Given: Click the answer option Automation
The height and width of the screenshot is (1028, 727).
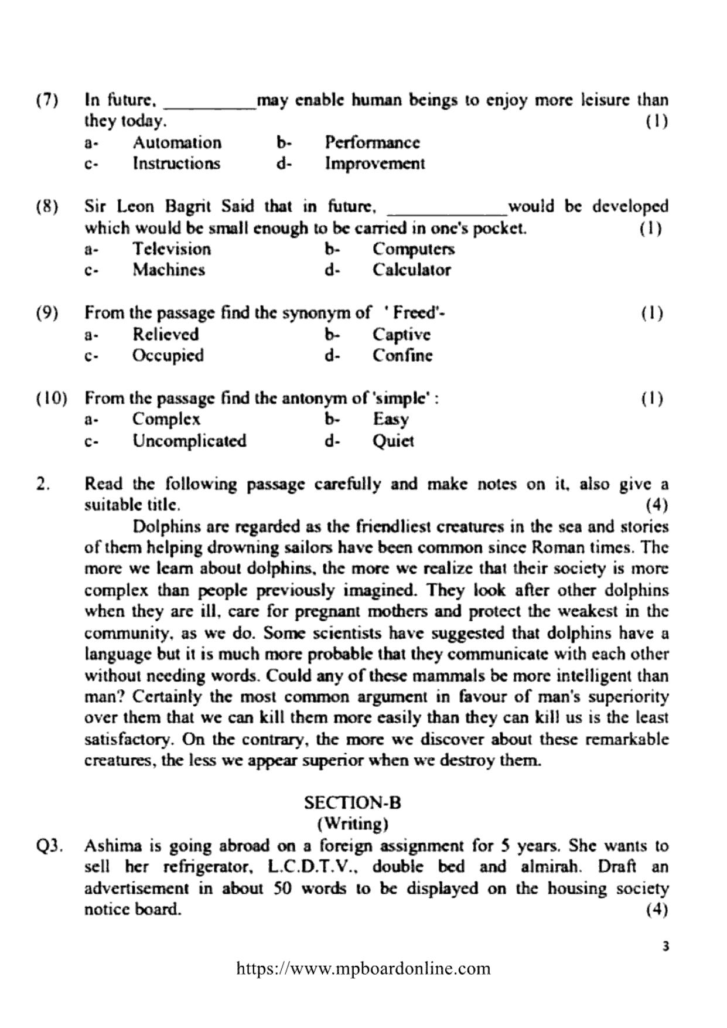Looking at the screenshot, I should [177, 142].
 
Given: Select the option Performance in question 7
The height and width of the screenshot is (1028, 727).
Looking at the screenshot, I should [373, 142].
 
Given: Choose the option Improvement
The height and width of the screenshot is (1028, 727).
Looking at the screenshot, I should [375, 164].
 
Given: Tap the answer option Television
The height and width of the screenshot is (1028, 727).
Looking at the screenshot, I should [172, 249].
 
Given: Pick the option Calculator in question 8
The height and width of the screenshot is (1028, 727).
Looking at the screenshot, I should [412, 270].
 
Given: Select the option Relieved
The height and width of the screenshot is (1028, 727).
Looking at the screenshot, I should [166, 335].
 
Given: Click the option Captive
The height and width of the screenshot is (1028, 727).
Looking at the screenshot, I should [402, 335].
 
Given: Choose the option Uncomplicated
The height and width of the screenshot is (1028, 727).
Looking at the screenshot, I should [189, 441].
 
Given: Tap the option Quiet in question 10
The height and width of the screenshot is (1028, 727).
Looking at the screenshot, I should [393, 441].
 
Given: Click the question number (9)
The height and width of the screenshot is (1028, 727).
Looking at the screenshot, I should [47, 313].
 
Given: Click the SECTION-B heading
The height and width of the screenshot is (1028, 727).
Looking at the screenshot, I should [353, 802].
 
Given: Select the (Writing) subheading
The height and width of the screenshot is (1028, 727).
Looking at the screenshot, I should [353, 823].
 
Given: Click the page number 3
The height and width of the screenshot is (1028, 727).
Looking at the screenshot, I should [664, 945].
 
